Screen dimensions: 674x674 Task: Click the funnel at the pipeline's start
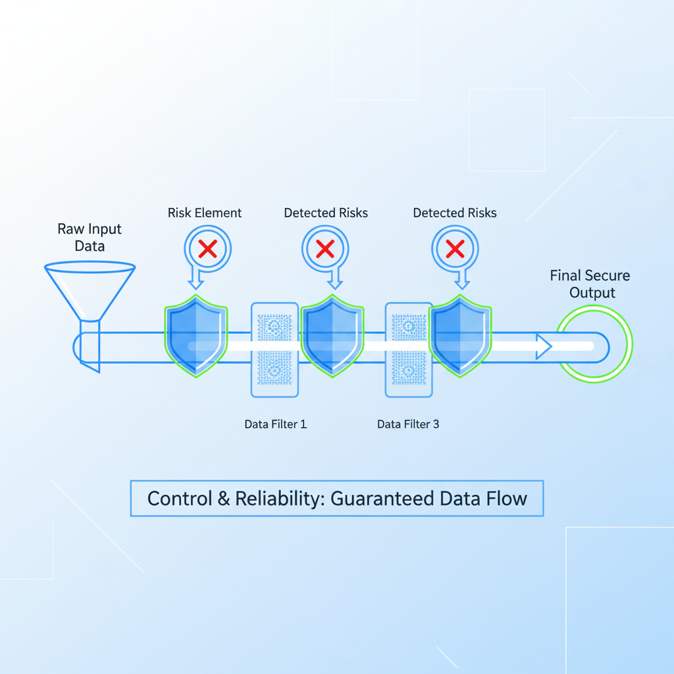tap(90, 293)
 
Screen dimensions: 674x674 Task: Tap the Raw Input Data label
tap(90, 238)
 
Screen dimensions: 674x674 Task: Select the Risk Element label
tap(204, 213)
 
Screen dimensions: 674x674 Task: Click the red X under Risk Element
tap(208, 249)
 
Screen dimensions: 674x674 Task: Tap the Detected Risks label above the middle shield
tap(326, 213)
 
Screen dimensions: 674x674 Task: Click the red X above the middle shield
tap(325, 249)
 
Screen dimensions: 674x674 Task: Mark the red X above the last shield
tap(455, 249)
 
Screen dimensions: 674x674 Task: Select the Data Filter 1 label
tap(275, 424)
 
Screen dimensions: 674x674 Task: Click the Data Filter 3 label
tap(408, 424)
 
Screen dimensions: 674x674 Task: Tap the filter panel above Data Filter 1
tap(274, 350)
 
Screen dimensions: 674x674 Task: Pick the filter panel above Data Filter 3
tap(408, 350)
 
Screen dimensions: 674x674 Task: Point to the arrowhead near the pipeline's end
tap(543, 346)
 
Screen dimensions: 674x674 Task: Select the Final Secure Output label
tap(590, 284)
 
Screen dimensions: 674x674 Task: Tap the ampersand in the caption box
tap(224, 498)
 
